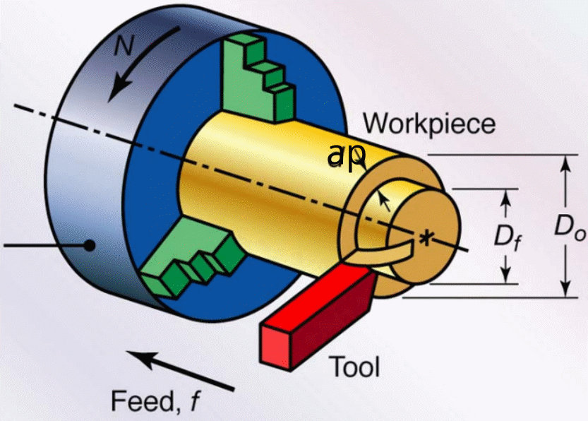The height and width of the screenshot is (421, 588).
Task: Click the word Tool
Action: click(x=356, y=367)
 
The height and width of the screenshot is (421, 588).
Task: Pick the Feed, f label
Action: click(x=156, y=401)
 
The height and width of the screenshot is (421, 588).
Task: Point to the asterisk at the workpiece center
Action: click(x=425, y=238)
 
